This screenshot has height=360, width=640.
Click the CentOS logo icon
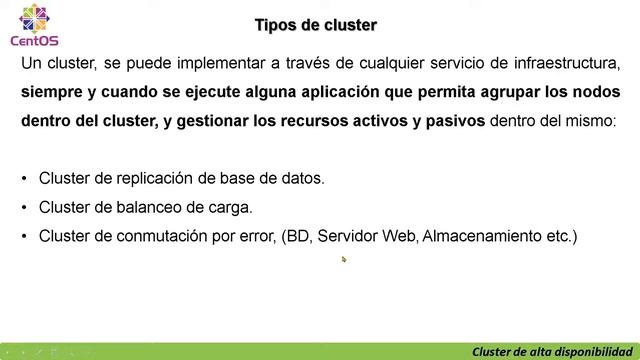[x=28, y=18]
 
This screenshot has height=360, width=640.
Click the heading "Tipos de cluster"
[x=316, y=24]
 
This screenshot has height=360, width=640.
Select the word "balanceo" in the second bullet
[x=138, y=208]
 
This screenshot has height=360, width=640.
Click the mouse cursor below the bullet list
[x=343, y=259]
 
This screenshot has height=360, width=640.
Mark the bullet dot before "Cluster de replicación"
[x=24, y=179]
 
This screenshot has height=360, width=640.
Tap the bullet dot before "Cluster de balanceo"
[x=24, y=208]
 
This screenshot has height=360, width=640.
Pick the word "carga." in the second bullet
[x=229, y=208]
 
